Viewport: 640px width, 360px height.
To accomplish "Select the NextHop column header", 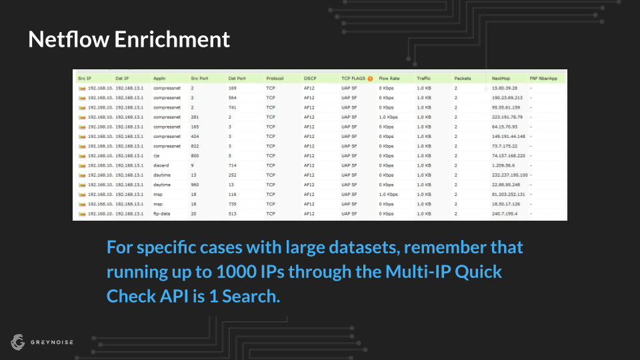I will pyautogui.click(x=501, y=79).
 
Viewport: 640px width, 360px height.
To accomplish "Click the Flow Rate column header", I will pyautogui.click(x=389, y=79).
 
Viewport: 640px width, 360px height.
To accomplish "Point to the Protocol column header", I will pyautogui.click(x=275, y=79).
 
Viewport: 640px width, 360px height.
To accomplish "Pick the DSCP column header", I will pyautogui.click(x=310, y=79).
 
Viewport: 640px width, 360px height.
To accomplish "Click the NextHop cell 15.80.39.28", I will pyautogui.click(x=505, y=88).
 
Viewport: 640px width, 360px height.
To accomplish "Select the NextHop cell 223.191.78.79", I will pyautogui.click(x=507, y=117).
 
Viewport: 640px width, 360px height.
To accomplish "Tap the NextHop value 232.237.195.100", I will pyautogui.click(x=510, y=175).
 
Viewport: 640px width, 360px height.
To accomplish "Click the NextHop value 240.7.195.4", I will pyautogui.click(x=505, y=213).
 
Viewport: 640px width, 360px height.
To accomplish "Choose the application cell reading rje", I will pyautogui.click(x=156, y=155).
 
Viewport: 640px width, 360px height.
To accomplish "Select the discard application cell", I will pyautogui.click(x=162, y=165).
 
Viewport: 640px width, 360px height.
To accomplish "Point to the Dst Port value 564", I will pyautogui.click(x=233, y=97).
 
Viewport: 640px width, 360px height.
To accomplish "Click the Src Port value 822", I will pyautogui.click(x=195, y=146).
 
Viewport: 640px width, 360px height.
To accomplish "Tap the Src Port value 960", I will pyautogui.click(x=195, y=185).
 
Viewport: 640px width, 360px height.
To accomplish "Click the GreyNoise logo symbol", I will pyautogui.click(x=17, y=342).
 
